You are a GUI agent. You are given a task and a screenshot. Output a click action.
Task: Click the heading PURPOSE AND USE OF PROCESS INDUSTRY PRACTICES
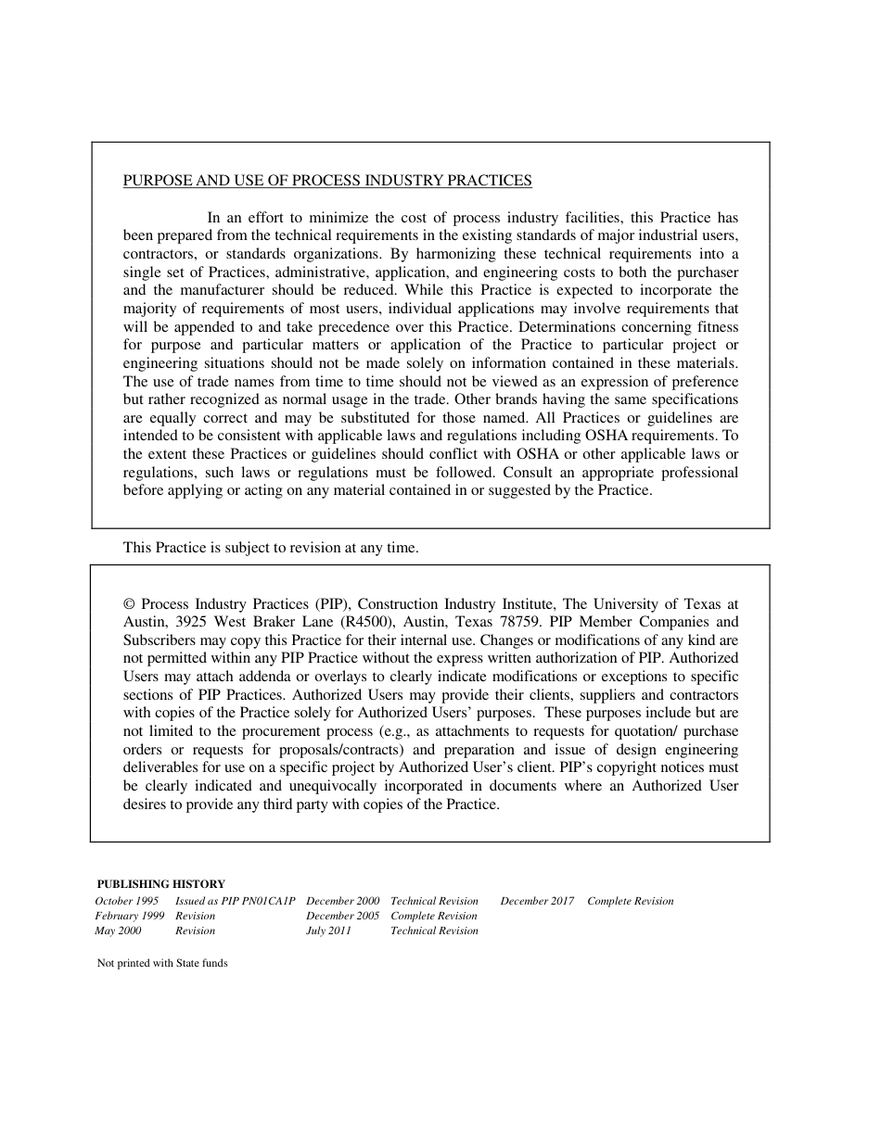(x=327, y=181)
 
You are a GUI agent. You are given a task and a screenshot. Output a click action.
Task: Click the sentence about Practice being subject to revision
(x=271, y=548)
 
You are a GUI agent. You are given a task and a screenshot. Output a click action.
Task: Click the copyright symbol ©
(x=129, y=604)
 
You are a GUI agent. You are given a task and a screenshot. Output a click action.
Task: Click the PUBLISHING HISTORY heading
(x=161, y=884)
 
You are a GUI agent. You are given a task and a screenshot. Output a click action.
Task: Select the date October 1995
(x=127, y=901)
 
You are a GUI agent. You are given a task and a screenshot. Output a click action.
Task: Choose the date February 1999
(x=130, y=916)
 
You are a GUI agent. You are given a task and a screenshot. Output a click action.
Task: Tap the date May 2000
(x=118, y=931)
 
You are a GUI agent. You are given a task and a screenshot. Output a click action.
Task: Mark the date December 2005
(x=342, y=916)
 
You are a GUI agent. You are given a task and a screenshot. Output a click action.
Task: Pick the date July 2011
(x=328, y=931)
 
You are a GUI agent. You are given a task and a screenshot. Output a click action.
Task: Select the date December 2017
(x=537, y=901)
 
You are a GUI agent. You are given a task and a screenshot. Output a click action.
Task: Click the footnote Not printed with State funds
(x=162, y=963)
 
